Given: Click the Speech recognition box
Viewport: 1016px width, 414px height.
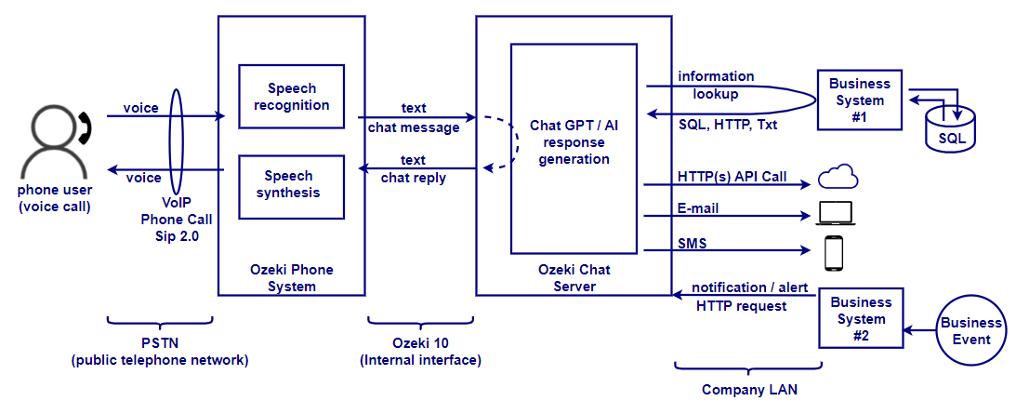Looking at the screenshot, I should (x=291, y=97).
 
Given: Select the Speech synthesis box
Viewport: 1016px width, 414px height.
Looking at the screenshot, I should (x=291, y=184).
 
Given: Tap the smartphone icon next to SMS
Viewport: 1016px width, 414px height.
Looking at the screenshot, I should (x=834, y=251).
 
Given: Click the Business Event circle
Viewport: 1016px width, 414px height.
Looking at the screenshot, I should (x=971, y=330).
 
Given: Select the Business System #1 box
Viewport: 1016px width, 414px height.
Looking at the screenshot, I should (x=859, y=100).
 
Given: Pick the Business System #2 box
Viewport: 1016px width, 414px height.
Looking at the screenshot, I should (x=860, y=319).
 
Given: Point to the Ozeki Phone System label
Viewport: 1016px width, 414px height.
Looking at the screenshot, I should (x=291, y=278).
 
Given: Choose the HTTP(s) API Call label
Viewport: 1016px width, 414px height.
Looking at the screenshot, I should (x=732, y=177).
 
